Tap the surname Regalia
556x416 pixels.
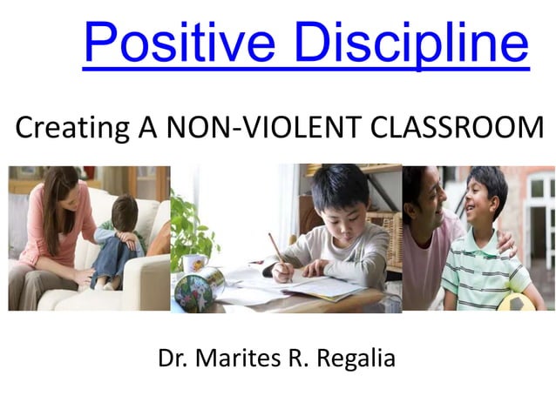(356, 358)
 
